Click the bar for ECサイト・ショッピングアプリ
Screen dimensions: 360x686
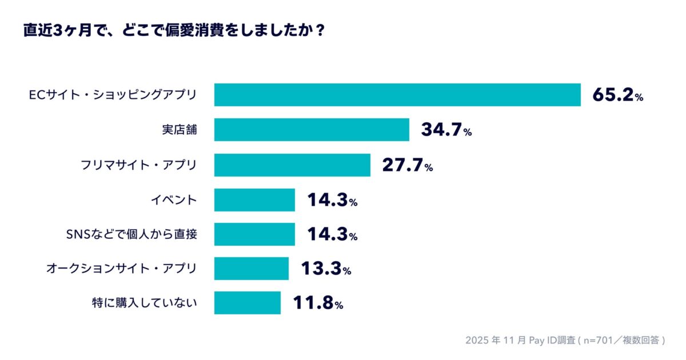(x=397, y=95)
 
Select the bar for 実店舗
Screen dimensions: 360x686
(x=312, y=130)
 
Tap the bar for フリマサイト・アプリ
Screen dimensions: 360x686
(x=292, y=165)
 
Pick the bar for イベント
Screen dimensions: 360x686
(x=254, y=200)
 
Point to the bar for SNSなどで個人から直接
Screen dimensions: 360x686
(x=254, y=234)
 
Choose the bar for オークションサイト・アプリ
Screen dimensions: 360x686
(x=252, y=269)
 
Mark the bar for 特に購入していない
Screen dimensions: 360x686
(x=248, y=303)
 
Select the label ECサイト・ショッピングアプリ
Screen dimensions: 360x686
(x=113, y=95)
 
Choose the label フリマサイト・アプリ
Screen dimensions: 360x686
(x=138, y=165)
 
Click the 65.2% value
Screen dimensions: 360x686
(x=617, y=95)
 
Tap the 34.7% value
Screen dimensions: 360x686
(x=446, y=130)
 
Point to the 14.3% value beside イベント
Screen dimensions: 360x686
(x=332, y=201)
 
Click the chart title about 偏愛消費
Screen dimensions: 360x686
(x=174, y=30)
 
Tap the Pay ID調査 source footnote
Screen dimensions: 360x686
(x=565, y=340)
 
